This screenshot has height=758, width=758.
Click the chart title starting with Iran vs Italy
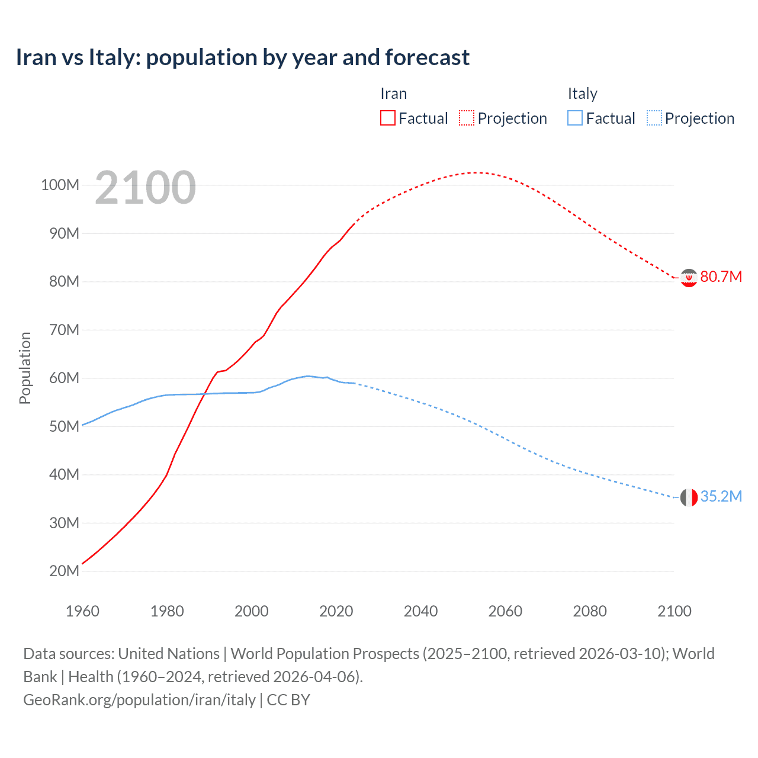(x=243, y=57)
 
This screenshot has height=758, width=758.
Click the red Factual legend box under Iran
(x=387, y=118)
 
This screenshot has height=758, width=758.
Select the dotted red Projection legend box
(x=467, y=118)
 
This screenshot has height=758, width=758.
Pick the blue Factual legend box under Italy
(x=575, y=118)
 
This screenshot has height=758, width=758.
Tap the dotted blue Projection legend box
(x=654, y=118)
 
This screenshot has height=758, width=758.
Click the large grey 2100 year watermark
(x=145, y=188)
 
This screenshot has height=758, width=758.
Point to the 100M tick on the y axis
(x=60, y=185)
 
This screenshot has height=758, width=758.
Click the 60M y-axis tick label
(x=63, y=378)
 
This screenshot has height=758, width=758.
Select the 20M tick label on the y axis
(x=63, y=571)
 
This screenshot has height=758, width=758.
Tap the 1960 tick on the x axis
(x=82, y=611)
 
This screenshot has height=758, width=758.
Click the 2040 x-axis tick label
(x=420, y=611)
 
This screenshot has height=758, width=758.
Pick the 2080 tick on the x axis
(x=590, y=611)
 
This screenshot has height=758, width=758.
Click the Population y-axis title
(x=25, y=368)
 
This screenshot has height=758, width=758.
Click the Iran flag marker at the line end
(x=689, y=277)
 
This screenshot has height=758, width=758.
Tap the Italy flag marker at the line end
(x=689, y=497)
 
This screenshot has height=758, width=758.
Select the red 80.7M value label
(x=721, y=277)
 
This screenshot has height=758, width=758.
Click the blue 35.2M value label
(x=721, y=496)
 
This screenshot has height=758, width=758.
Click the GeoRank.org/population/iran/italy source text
(x=139, y=700)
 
